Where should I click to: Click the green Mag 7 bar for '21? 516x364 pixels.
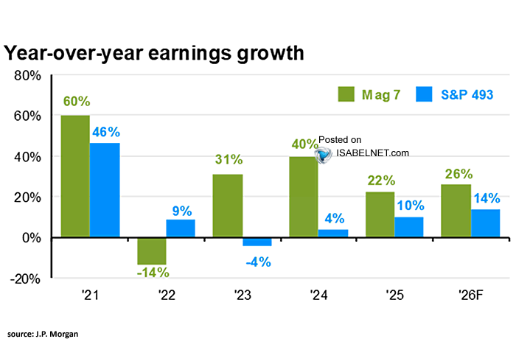(75, 177)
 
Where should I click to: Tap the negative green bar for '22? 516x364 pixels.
(151, 251)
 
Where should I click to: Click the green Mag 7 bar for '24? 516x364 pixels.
(303, 197)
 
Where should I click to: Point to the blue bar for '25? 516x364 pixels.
(409, 227)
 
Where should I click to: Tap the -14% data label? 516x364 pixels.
(152, 273)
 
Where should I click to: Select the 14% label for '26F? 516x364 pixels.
(487, 198)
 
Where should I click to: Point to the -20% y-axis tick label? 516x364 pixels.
(25, 279)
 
